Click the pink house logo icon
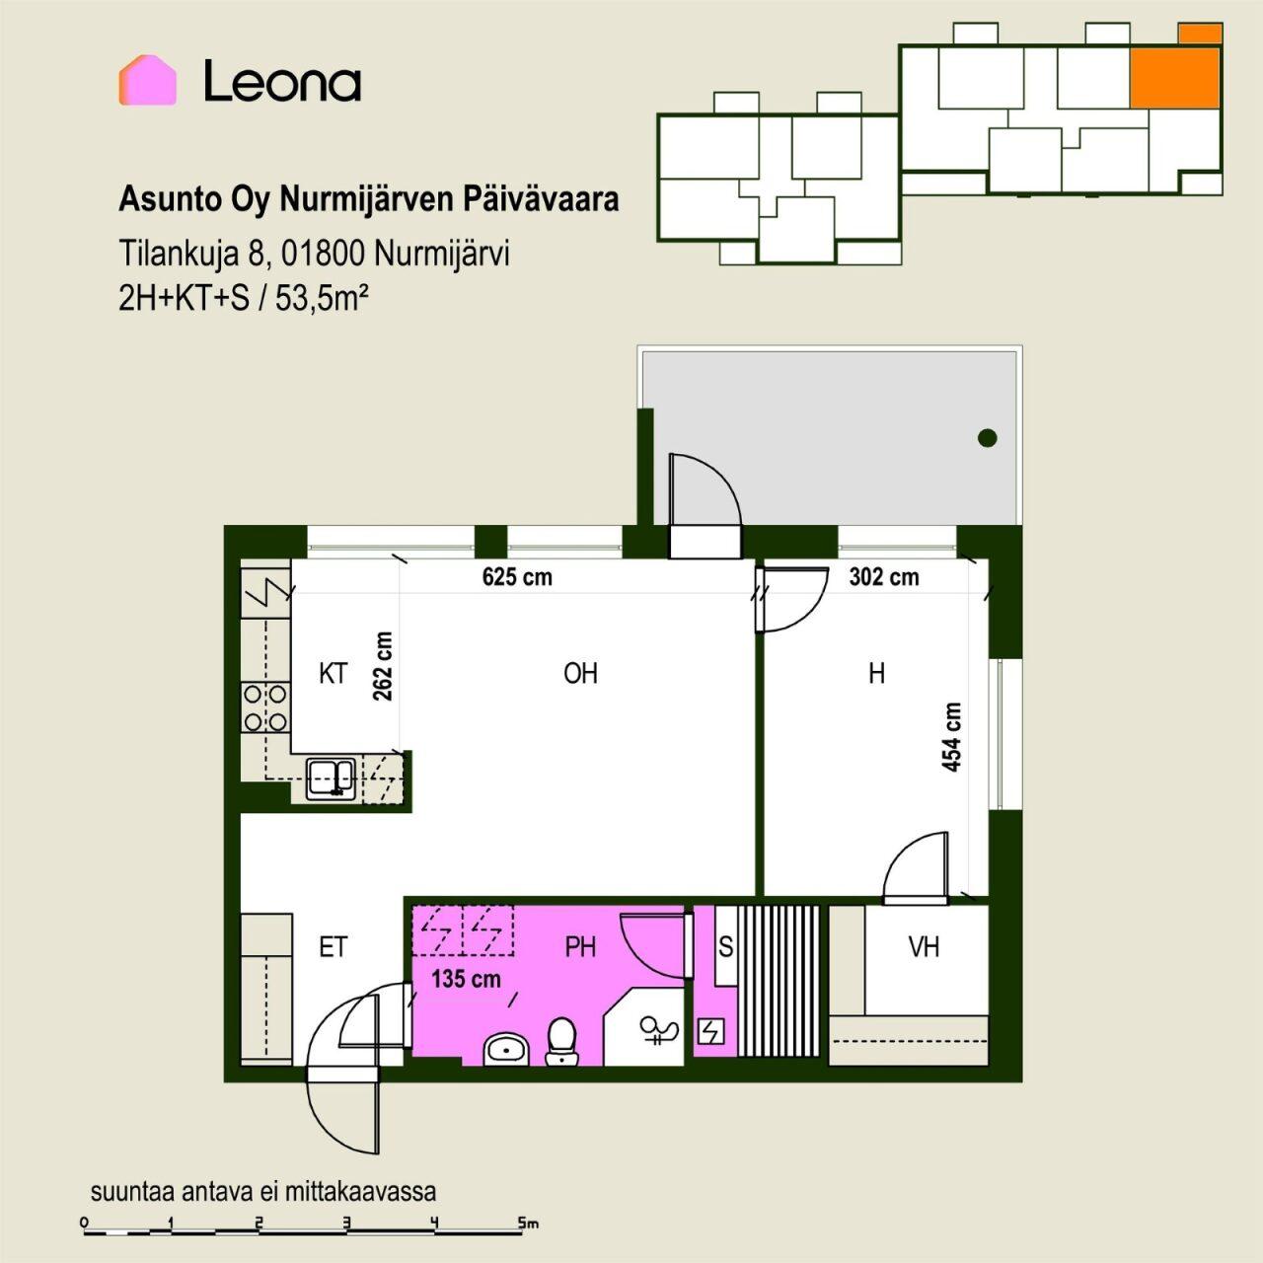coord(147,80)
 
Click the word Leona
coord(282,81)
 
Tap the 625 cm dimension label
coord(517,577)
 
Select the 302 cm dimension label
coord(883,577)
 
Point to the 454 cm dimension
coord(951,737)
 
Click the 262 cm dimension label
coord(383,666)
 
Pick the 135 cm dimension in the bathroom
coord(466,979)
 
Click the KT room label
coord(333,674)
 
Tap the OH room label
coord(580,674)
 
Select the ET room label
coord(333,947)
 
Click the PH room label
coord(580,947)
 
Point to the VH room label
coord(924,947)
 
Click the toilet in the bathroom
coord(561,1041)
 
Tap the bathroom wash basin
coord(506,1049)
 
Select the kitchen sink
coord(331,780)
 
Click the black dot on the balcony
coord(987,438)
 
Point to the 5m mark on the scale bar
coord(527,1223)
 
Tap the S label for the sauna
coord(725,947)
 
